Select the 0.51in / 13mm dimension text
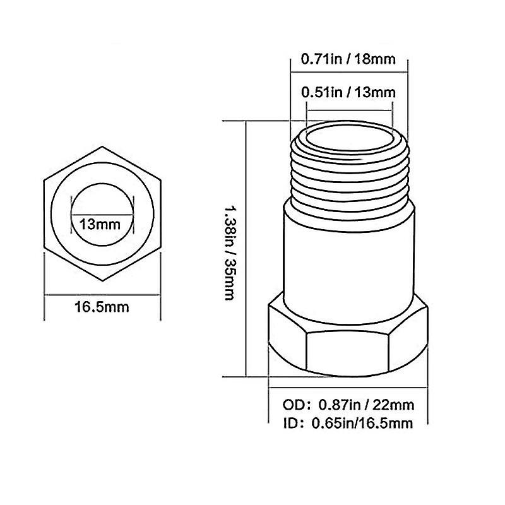pyautogui.click(x=348, y=92)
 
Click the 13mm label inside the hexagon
pyautogui.click(x=102, y=223)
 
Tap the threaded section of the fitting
pyautogui.click(x=348, y=174)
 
